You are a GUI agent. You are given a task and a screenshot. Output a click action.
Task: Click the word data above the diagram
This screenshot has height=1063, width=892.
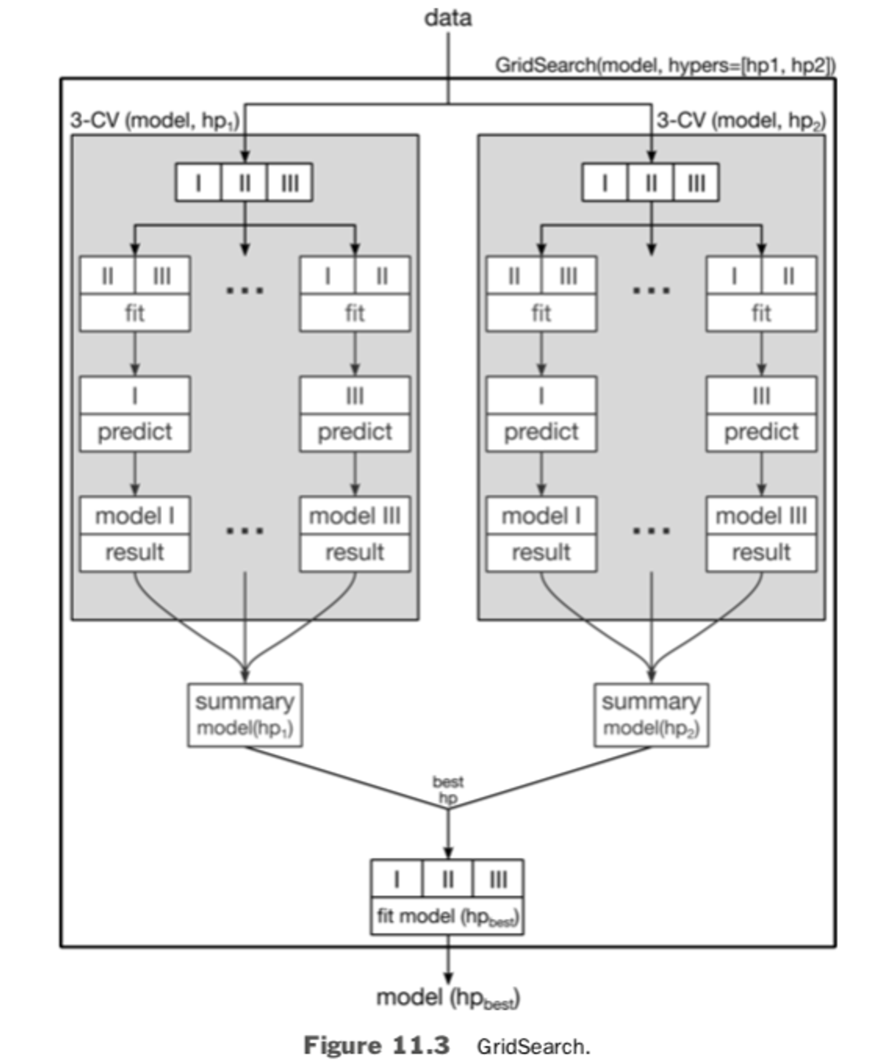[448, 19]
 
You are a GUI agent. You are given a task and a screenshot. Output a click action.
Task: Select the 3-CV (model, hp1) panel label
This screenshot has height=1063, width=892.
[155, 121]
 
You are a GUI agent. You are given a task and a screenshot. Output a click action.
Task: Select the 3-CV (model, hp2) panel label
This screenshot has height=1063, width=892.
[741, 121]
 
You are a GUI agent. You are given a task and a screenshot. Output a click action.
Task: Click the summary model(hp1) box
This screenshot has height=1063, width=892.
[245, 715]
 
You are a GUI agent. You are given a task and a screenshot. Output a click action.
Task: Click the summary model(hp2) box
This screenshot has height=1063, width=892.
[651, 715]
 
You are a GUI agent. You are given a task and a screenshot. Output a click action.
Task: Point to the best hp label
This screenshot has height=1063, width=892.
[448, 790]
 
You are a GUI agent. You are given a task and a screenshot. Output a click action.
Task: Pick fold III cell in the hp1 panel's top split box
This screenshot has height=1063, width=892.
[290, 183]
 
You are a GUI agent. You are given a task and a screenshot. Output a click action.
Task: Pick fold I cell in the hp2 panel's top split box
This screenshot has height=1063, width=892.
[604, 183]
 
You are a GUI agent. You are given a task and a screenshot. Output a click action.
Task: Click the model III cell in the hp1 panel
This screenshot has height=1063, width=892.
[354, 516]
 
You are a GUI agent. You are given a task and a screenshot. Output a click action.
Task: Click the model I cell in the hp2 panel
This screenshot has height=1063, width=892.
[541, 516]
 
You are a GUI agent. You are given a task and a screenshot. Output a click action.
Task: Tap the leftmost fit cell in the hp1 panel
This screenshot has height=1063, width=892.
[135, 313]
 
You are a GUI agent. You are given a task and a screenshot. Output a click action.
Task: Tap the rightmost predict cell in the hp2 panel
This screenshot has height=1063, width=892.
[761, 432]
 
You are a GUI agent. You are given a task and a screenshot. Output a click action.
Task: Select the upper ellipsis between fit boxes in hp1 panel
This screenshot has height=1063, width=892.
[245, 291]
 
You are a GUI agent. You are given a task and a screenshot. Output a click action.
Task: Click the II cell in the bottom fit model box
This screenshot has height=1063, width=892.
[448, 880]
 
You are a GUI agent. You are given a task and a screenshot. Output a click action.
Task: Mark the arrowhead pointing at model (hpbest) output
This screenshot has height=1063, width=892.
[448, 978]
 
